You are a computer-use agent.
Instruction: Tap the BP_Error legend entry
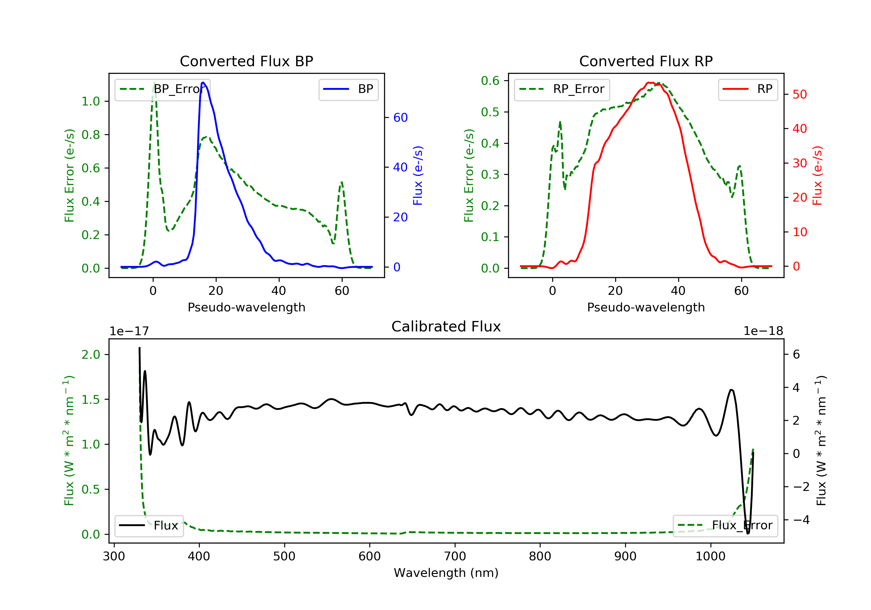pos(162,89)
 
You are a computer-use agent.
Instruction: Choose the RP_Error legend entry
pos(562,89)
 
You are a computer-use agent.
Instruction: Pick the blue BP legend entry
pos(348,89)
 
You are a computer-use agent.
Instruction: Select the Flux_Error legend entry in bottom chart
pos(725,525)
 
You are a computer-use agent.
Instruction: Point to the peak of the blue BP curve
pos(203,82)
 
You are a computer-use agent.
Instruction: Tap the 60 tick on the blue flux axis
pos(400,118)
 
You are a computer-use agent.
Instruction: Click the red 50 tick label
pos(800,94)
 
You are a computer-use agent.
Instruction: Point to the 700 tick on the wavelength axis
pos(455,557)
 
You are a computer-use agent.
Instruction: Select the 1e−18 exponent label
pos(763,331)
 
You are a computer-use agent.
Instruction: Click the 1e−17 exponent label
pos(129,331)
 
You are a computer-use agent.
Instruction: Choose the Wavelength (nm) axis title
pos(446,573)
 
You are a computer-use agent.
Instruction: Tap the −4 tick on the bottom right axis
pos(800,520)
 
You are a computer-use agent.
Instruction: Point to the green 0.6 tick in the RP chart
pos(490,80)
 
